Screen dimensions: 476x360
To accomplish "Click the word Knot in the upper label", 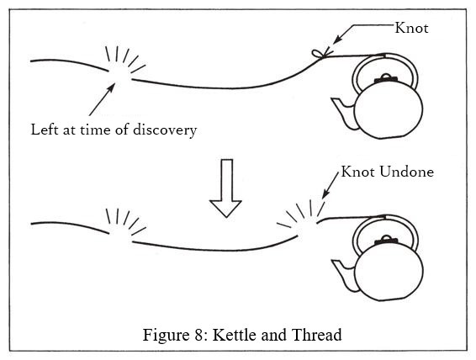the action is click(411, 28).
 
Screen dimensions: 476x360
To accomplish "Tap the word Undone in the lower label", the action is click(406, 172).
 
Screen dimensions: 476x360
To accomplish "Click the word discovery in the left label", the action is click(165, 130).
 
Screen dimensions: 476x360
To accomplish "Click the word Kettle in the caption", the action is click(234, 335).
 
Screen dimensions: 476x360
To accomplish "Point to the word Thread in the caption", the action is click(316, 335).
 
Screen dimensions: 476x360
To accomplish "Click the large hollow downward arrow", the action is click(225, 188).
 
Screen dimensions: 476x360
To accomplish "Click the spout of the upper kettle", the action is click(344, 113).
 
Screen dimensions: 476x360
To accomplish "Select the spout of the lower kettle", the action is click(344, 275).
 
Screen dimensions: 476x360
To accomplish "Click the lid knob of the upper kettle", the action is click(386, 78).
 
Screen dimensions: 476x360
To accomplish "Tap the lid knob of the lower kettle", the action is click(386, 240).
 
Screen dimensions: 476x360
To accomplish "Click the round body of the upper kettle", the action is click(389, 110).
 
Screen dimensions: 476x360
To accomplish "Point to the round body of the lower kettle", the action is click(389, 272).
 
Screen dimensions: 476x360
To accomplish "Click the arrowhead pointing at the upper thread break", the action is click(111, 88).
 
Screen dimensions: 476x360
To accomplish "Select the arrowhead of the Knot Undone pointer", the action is click(325, 193).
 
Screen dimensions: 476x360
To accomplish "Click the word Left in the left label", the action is click(45, 130).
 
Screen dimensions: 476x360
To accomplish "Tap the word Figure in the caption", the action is click(165, 336).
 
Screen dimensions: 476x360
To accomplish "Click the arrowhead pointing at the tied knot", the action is click(337, 40).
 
